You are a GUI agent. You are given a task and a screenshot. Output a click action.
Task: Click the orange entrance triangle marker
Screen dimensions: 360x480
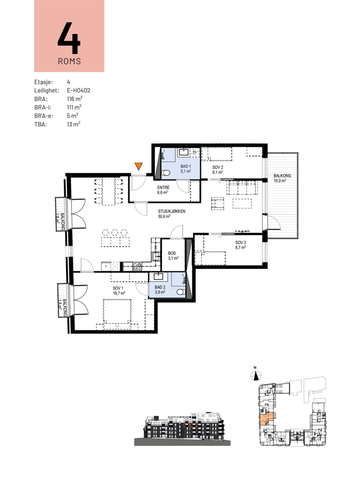click(x=139, y=166)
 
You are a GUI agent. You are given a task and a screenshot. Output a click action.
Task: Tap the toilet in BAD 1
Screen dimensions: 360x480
click(x=166, y=173)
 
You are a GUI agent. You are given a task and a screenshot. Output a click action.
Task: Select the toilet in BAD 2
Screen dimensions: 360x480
click(x=181, y=292)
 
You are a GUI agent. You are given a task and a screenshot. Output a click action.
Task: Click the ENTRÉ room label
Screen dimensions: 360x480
click(x=163, y=187)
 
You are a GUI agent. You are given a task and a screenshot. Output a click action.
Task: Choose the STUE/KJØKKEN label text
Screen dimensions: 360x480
click(x=172, y=211)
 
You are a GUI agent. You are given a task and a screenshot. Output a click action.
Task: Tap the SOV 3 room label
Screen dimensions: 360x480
click(x=241, y=243)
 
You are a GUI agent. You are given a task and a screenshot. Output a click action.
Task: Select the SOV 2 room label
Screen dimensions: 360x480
click(x=217, y=167)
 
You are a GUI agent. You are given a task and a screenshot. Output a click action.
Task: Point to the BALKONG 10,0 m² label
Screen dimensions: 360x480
click(x=282, y=178)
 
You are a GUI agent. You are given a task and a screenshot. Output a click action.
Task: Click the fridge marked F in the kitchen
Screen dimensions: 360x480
click(x=106, y=267)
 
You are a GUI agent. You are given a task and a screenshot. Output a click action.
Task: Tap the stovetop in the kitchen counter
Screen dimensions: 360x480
click(x=137, y=266)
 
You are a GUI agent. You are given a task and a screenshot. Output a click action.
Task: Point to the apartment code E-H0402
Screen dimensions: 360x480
click(x=78, y=90)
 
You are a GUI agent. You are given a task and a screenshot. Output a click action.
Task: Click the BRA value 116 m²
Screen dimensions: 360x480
click(x=75, y=99)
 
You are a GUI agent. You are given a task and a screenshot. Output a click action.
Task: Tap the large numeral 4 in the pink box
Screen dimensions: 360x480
click(x=69, y=38)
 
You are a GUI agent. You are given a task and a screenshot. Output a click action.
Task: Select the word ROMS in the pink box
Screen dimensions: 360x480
click(x=69, y=61)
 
